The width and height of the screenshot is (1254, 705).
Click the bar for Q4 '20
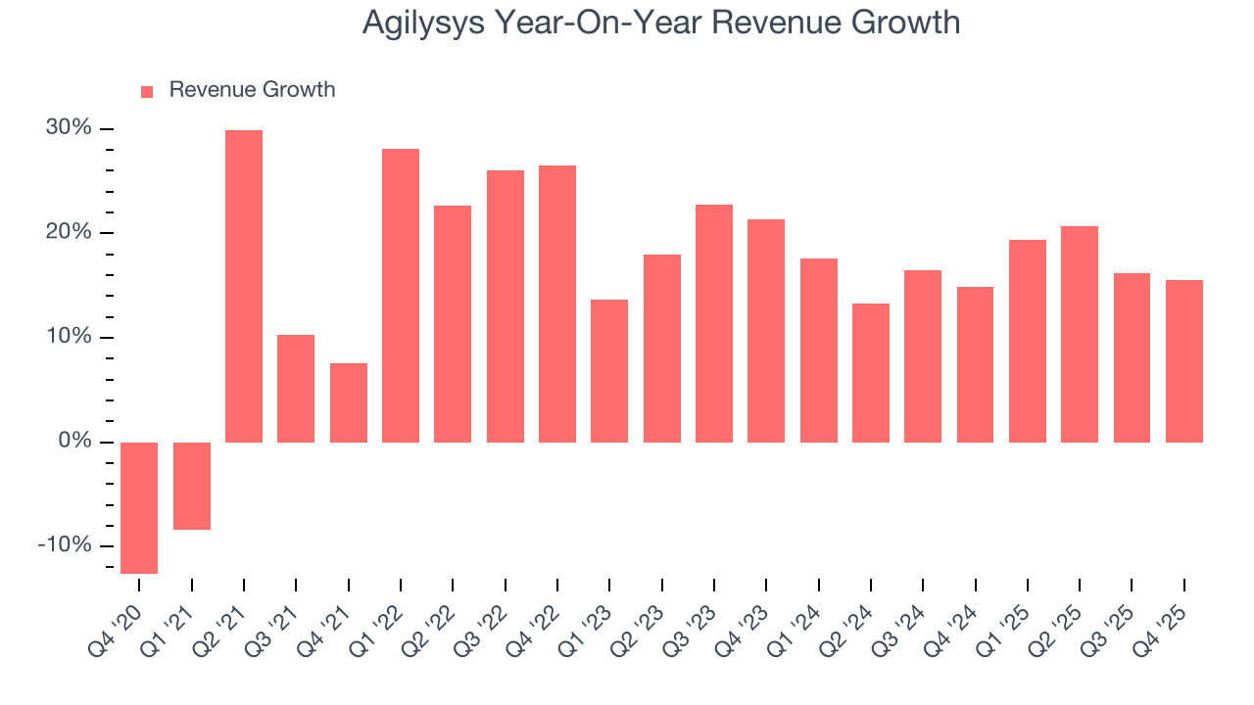[x=139, y=507]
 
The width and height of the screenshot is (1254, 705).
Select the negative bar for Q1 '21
[x=192, y=486]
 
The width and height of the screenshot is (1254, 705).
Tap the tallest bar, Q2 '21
[x=244, y=286]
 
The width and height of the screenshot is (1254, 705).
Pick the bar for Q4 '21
[x=349, y=402]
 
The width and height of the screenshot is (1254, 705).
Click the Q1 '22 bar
[x=401, y=296]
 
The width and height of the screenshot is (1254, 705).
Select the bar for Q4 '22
[x=557, y=304]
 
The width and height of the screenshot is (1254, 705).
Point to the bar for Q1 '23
[x=609, y=371]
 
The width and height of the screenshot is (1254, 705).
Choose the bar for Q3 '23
[x=714, y=323]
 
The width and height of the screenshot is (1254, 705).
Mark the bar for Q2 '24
[x=871, y=373]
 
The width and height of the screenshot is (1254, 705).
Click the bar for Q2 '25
[x=1080, y=334]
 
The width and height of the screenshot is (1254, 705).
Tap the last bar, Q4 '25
[x=1184, y=361]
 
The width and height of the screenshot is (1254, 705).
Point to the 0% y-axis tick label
[x=77, y=442]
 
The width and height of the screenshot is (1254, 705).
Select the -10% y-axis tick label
[x=65, y=545]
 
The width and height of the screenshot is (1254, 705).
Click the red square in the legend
[x=147, y=91]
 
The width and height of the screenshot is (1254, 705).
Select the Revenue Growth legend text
[x=252, y=90]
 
